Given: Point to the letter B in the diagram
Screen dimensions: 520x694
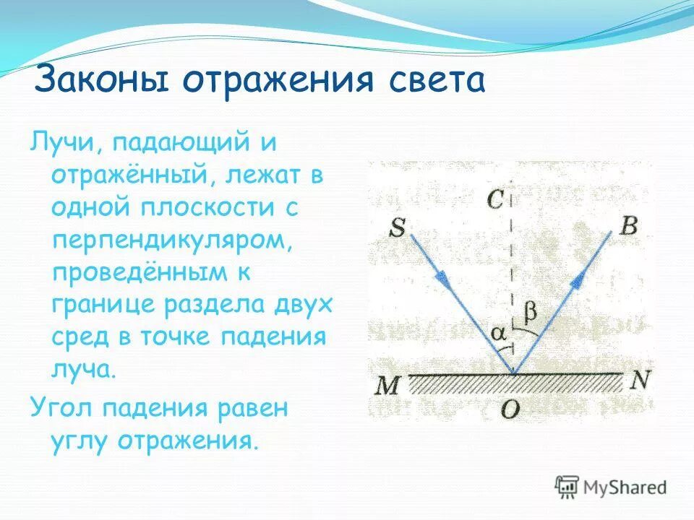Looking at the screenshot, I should (x=628, y=227).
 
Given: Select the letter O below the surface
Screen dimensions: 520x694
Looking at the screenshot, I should (x=510, y=409).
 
